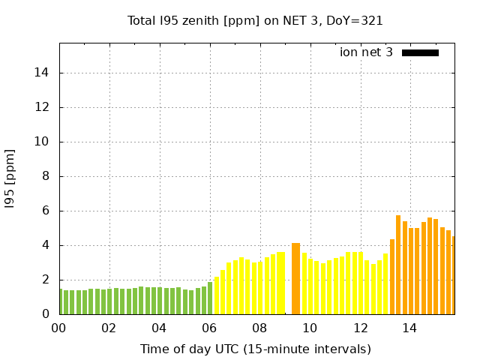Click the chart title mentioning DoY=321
[x=255, y=21]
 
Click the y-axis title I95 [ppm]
[x=10, y=178]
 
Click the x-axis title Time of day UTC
[x=255, y=349]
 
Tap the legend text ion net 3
[x=366, y=52]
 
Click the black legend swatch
[x=420, y=52]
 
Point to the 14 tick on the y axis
[x=43, y=73]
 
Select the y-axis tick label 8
[x=46, y=176]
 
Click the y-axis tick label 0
[x=46, y=314]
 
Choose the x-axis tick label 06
[x=209, y=328]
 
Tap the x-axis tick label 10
[x=310, y=328]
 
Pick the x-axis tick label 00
[x=58, y=328]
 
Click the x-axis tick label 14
[x=409, y=328]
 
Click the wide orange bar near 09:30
[x=295, y=278]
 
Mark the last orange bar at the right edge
[x=453, y=275]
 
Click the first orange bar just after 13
[x=392, y=277]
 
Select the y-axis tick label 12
[x=43, y=107]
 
